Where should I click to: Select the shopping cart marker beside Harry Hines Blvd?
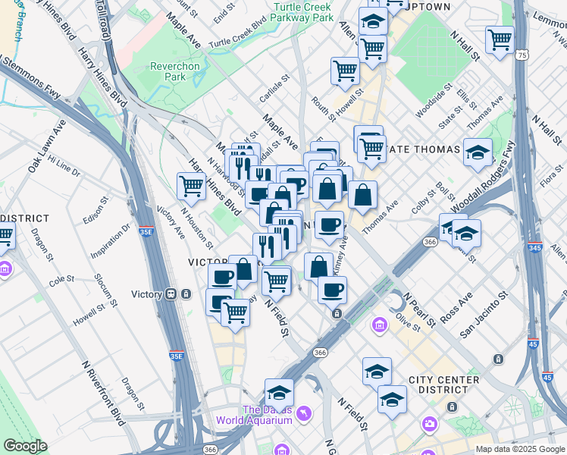191,185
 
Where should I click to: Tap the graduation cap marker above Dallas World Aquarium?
279,392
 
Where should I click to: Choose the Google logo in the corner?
25,446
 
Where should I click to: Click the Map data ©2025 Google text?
519,449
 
